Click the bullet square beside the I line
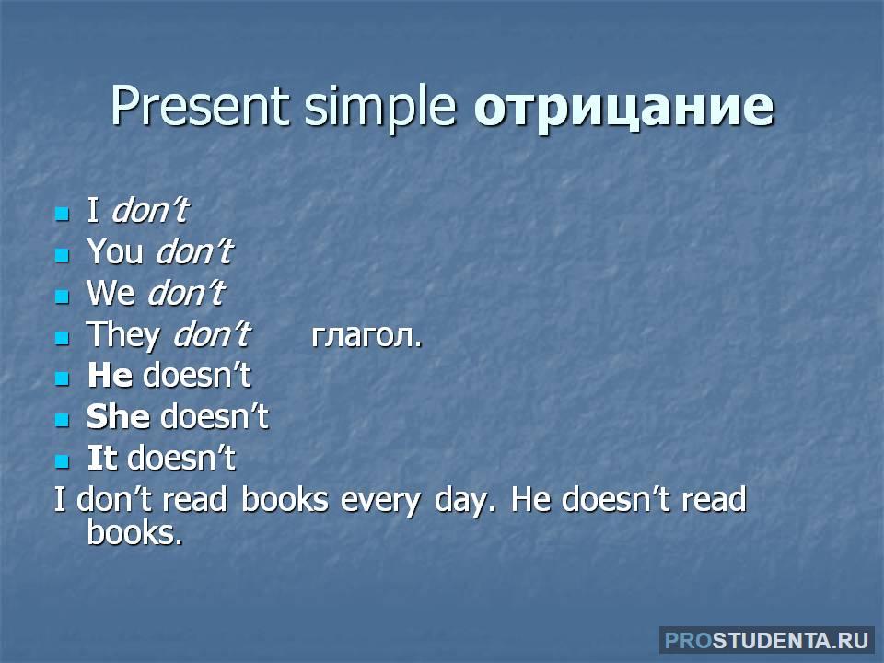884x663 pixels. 62,214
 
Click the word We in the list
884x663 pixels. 110,293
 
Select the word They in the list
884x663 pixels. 122,336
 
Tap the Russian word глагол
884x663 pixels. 366,337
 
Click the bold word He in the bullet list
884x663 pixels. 110,376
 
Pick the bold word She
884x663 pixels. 118,417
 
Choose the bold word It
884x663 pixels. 102,458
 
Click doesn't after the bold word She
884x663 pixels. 215,417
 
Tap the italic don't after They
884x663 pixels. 212,334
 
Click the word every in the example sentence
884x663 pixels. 380,501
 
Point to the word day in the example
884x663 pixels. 464,501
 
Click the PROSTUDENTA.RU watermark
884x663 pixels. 767,641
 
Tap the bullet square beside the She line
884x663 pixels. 62,421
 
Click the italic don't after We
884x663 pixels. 186,293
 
